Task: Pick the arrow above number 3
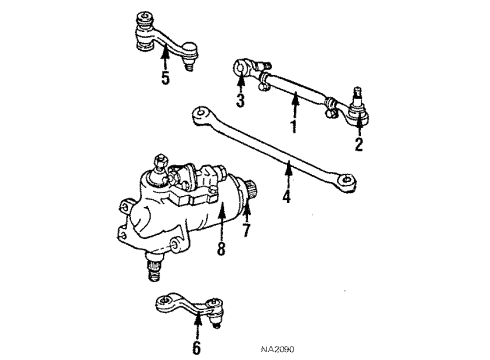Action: click(x=240, y=84)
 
